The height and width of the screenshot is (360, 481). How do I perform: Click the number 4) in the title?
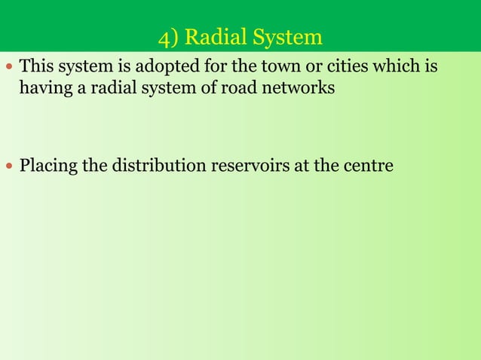(x=170, y=37)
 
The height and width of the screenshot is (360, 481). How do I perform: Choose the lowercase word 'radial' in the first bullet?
(x=102, y=88)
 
